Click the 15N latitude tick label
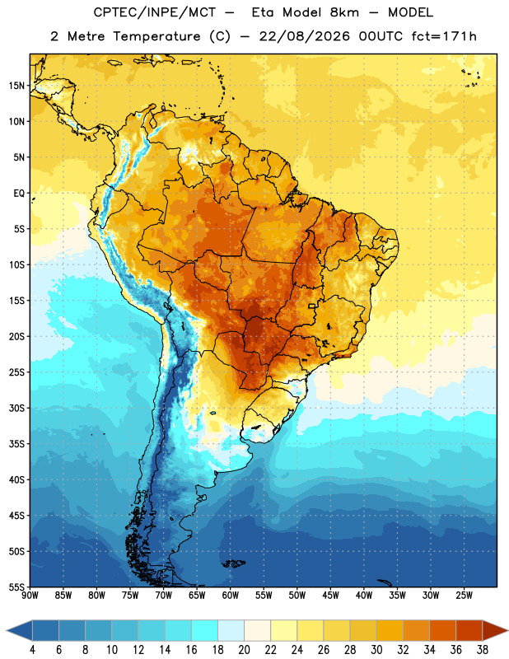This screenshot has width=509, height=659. (x=16, y=86)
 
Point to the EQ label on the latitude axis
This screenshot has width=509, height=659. (x=19, y=194)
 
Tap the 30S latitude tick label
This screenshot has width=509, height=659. (x=16, y=408)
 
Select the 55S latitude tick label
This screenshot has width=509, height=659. (x=16, y=587)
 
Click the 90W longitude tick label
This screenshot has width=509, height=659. (x=30, y=596)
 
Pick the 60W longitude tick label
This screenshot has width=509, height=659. (x=231, y=596)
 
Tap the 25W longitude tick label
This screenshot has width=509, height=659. (x=464, y=596)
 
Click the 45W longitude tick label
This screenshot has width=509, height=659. (x=330, y=596)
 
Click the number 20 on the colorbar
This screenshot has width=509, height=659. (x=244, y=650)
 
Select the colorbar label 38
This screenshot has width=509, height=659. (x=483, y=650)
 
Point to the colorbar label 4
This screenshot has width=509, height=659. (x=32, y=650)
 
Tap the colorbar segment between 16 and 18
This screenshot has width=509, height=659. (x=205, y=630)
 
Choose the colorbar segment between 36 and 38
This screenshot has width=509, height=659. (x=469, y=630)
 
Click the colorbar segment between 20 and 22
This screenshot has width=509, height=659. (x=257, y=630)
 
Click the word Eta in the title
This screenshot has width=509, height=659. (x=262, y=12)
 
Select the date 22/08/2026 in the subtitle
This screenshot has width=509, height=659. (x=304, y=36)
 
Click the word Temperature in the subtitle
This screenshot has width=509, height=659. (x=156, y=36)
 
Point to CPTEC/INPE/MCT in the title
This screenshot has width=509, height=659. (x=154, y=12)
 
